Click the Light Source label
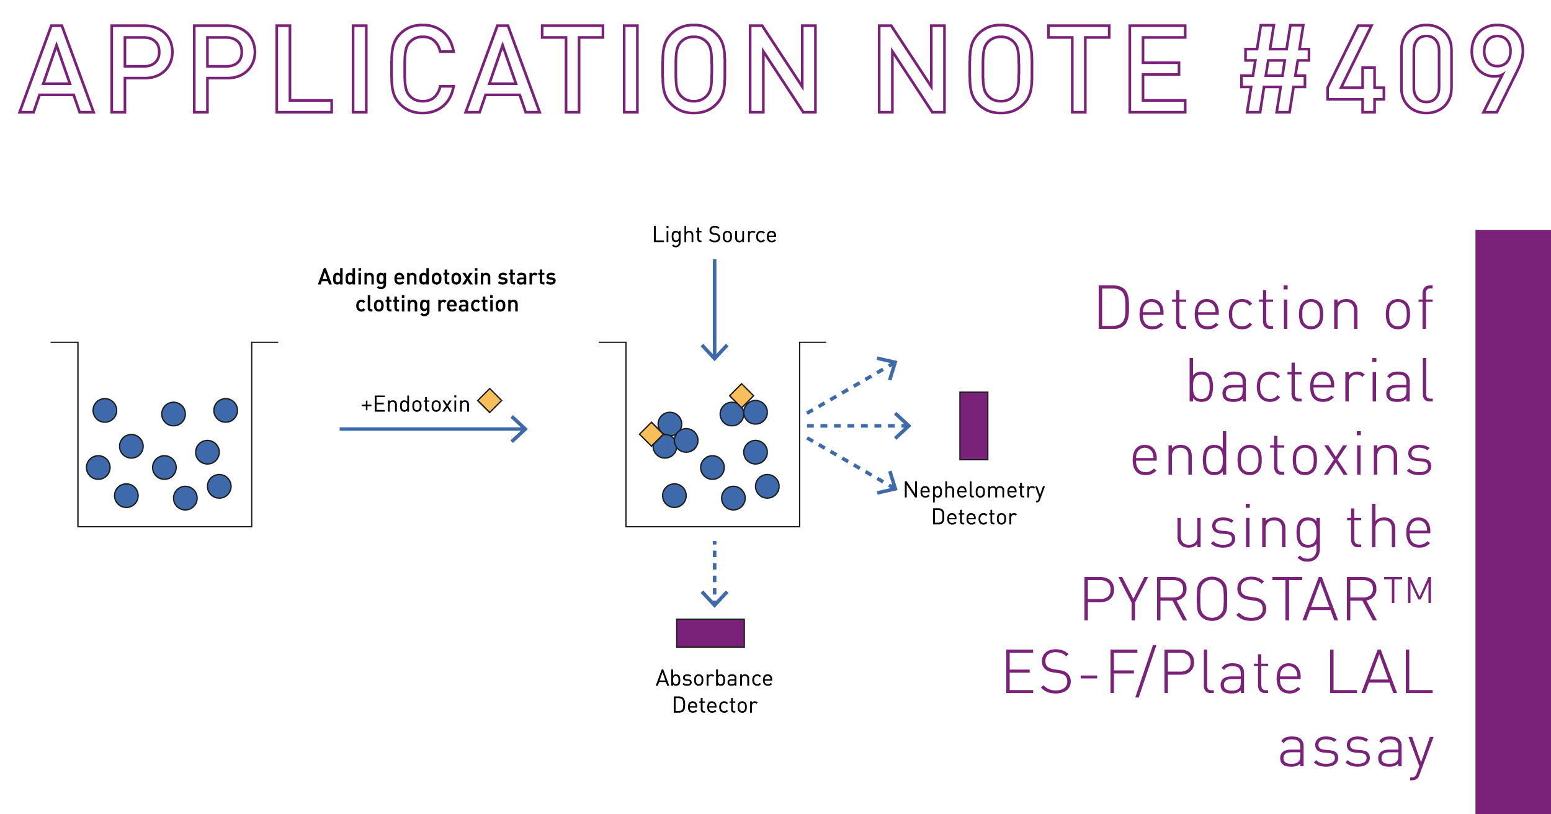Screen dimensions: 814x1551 [714, 235]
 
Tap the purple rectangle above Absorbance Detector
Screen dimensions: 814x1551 [710, 633]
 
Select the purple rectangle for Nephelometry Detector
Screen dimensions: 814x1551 [973, 426]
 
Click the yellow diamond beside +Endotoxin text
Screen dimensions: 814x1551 [489, 400]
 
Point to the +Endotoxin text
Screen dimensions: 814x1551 [415, 405]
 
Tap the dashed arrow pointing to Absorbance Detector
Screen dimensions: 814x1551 [715, 573]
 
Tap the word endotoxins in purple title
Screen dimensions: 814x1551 [1281, 457]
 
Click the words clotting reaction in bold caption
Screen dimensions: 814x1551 [437, 305]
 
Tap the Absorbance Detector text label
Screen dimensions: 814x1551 [714, 692]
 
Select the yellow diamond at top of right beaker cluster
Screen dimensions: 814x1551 [741, 395]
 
